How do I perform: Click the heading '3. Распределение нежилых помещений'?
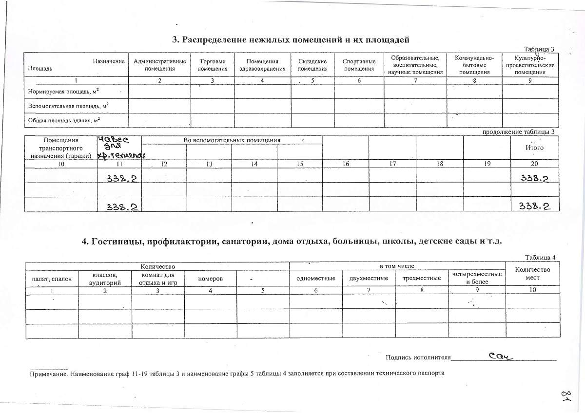[x=290, y=39]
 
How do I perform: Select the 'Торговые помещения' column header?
[x=213, y=65]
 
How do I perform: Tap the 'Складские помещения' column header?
[x=312, y=65]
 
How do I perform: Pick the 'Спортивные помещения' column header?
[x=359, y=65]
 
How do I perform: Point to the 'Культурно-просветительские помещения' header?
[x=530, y=65]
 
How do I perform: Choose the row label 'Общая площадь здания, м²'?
[x=64, y=120]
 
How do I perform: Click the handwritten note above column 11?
[x=118, y=148]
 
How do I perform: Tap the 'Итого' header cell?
[x=534, y=148]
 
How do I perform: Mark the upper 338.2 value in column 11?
[x=122, y=179]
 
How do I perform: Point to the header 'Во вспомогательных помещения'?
[x=232, y=140]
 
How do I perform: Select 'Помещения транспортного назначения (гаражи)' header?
[x=61, y=148]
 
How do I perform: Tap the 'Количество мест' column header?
[x=532, y=273]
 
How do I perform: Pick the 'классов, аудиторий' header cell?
[x=105, y=279]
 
